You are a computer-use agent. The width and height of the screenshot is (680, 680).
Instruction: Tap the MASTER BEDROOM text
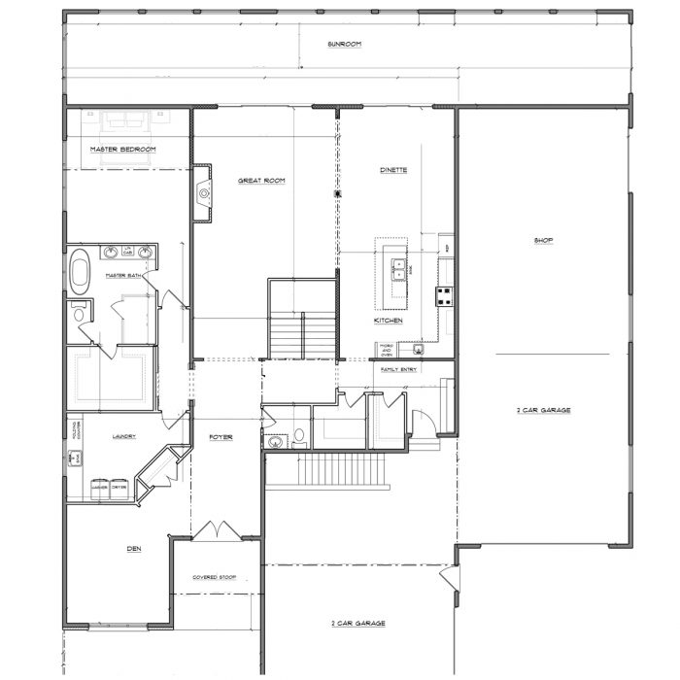[123, 149]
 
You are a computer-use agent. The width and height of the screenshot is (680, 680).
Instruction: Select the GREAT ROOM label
[261, 180]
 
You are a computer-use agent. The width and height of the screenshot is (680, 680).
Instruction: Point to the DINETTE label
[392, 170]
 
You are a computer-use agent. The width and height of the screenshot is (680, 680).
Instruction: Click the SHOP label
[543, 241]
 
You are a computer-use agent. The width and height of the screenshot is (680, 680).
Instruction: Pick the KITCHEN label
[389, 320]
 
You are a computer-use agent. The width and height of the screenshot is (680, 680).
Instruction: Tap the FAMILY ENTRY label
[398, 370]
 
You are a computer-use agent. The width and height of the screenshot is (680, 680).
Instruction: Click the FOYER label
[221, 437]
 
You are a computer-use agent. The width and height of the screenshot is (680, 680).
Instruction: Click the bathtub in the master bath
[81, 272]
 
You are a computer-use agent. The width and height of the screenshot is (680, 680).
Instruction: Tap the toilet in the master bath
[78, 312]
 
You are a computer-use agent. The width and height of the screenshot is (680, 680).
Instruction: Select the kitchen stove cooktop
[445, 296]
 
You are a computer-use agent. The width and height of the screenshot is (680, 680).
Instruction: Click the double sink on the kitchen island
[398, 269]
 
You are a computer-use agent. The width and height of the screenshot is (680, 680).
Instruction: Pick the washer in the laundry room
[99, 488]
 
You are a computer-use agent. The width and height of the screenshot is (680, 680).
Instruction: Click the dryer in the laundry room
[119, 488]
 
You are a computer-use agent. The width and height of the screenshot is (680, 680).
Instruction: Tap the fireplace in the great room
[202, 192]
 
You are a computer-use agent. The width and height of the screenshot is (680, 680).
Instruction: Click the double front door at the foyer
[214, 531]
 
